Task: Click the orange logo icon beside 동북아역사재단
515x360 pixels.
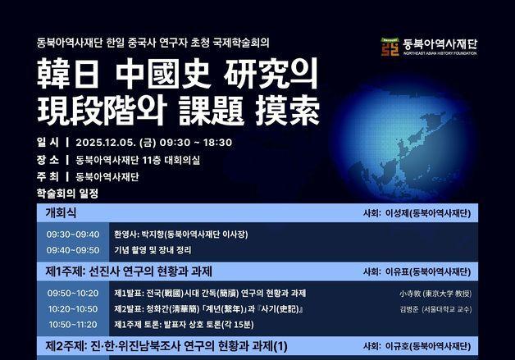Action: pos(390,47)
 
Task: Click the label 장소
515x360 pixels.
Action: pos(48,159)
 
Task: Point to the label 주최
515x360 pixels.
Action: pos(48,176)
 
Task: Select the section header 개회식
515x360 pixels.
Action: pos(61,212)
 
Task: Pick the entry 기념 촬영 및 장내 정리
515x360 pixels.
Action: pos(153,249)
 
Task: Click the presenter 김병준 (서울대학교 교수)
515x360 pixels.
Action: pos(435,309)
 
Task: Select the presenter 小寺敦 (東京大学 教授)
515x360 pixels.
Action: pos(435,294)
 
